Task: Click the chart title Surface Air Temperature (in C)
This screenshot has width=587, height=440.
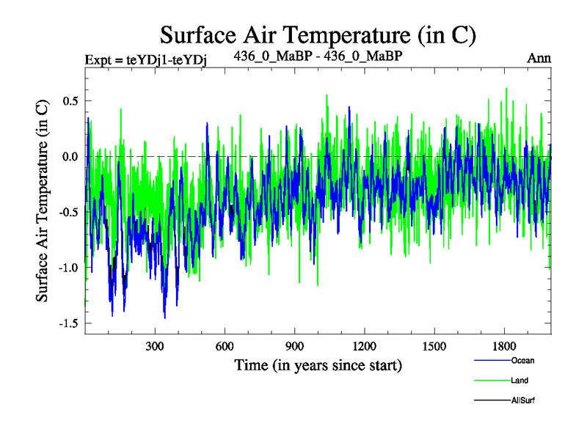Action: (x=318, y=34)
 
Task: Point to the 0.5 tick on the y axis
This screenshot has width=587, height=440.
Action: (x=69, y=100)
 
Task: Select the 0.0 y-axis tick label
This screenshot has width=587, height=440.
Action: (x=69, y=156)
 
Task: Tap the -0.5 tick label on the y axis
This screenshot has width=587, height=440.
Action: (x=67, y=212)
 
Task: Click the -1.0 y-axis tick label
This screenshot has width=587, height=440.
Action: (x=67, y=268)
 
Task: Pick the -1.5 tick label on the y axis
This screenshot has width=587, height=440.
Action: (x=67, y=323)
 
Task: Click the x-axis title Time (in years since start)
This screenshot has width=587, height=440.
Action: (x=318, y=364)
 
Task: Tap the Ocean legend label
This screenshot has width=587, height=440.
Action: (x=522, y=360)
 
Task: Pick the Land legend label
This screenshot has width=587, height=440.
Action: (x=520, y=381)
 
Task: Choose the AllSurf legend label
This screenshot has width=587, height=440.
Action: (x=524, y=400)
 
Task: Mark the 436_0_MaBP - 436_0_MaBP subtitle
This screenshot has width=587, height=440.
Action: (x=318, y=56)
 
